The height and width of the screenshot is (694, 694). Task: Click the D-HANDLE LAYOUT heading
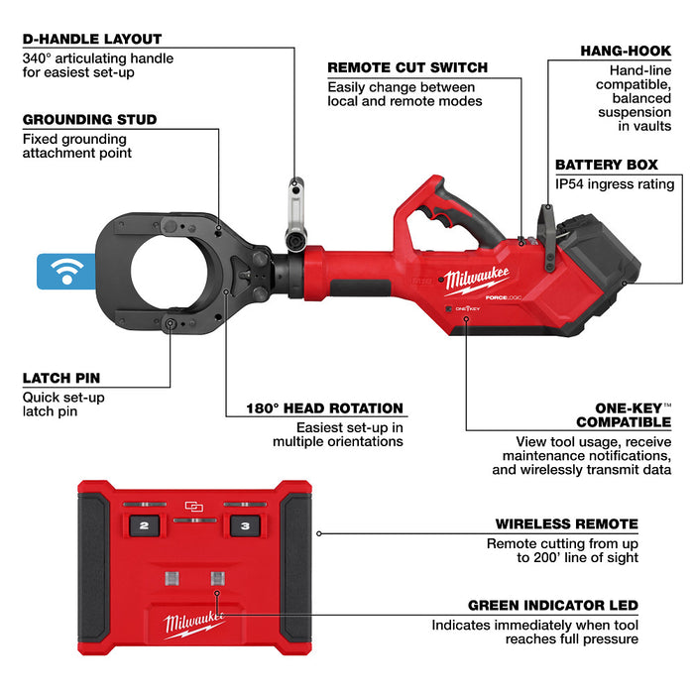coord(91,39)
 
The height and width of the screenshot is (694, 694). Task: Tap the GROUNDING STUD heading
coord(89,120)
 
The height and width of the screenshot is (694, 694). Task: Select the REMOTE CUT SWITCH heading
coord(407,67)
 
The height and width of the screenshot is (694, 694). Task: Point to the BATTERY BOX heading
coord(615,165)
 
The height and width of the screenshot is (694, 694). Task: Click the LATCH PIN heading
coord(60,379)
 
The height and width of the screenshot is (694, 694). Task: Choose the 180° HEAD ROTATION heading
coord(324,407)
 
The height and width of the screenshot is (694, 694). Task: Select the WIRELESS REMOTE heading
coord(566,524)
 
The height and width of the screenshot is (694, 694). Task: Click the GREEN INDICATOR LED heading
coord(552,605)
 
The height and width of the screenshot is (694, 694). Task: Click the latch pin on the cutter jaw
coord(171,324)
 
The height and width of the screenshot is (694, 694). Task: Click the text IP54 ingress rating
coord(615,183)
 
